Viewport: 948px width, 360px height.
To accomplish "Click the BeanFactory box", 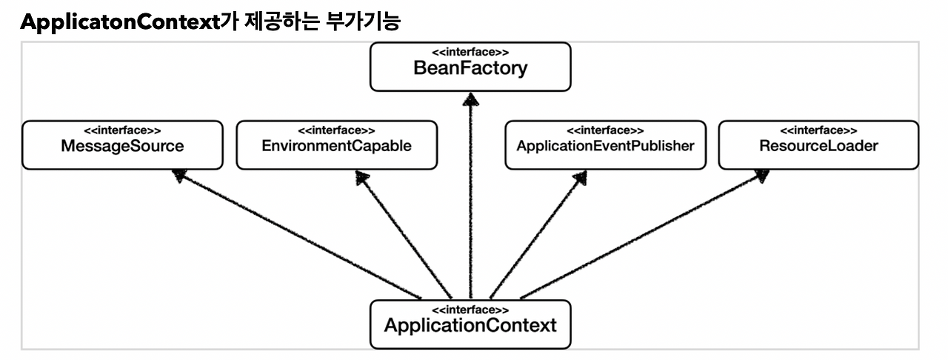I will [x=470, y=67].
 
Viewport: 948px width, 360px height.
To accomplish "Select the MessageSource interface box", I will [x=122, y=145].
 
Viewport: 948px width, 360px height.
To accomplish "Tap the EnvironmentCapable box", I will [x=336, y=145].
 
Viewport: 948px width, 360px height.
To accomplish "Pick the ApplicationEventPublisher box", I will [x=605, y=145].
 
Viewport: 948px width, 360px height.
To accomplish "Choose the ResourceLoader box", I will [x=818, y=145].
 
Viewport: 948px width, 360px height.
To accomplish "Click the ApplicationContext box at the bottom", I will [x=470, y=324].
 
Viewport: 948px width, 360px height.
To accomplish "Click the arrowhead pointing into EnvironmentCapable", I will [x=363, y=176].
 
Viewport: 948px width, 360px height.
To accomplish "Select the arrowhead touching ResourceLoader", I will [x=761, y=176].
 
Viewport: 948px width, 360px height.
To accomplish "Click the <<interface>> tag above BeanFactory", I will [x=470, y=53].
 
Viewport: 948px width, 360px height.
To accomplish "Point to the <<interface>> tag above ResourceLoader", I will [x=818, y=131].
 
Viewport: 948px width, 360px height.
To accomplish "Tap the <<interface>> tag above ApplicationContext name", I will [x=470, y=310].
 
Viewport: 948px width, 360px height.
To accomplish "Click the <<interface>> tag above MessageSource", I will [x=122, y=131].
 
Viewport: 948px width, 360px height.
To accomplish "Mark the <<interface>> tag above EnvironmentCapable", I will [x=336, y=131].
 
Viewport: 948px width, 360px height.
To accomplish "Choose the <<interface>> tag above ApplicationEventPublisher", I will [x=605, y=131].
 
